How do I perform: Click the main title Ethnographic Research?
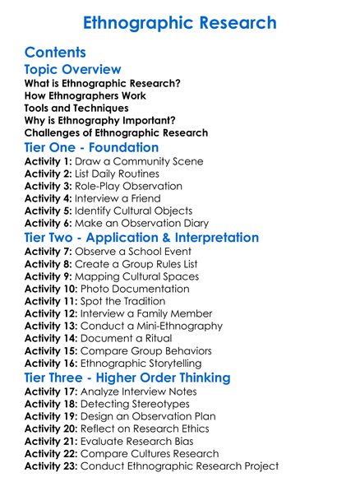181,21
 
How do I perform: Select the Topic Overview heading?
73,70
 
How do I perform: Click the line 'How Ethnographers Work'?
85,95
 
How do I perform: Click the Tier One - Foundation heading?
92,148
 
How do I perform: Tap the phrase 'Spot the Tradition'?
121,301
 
